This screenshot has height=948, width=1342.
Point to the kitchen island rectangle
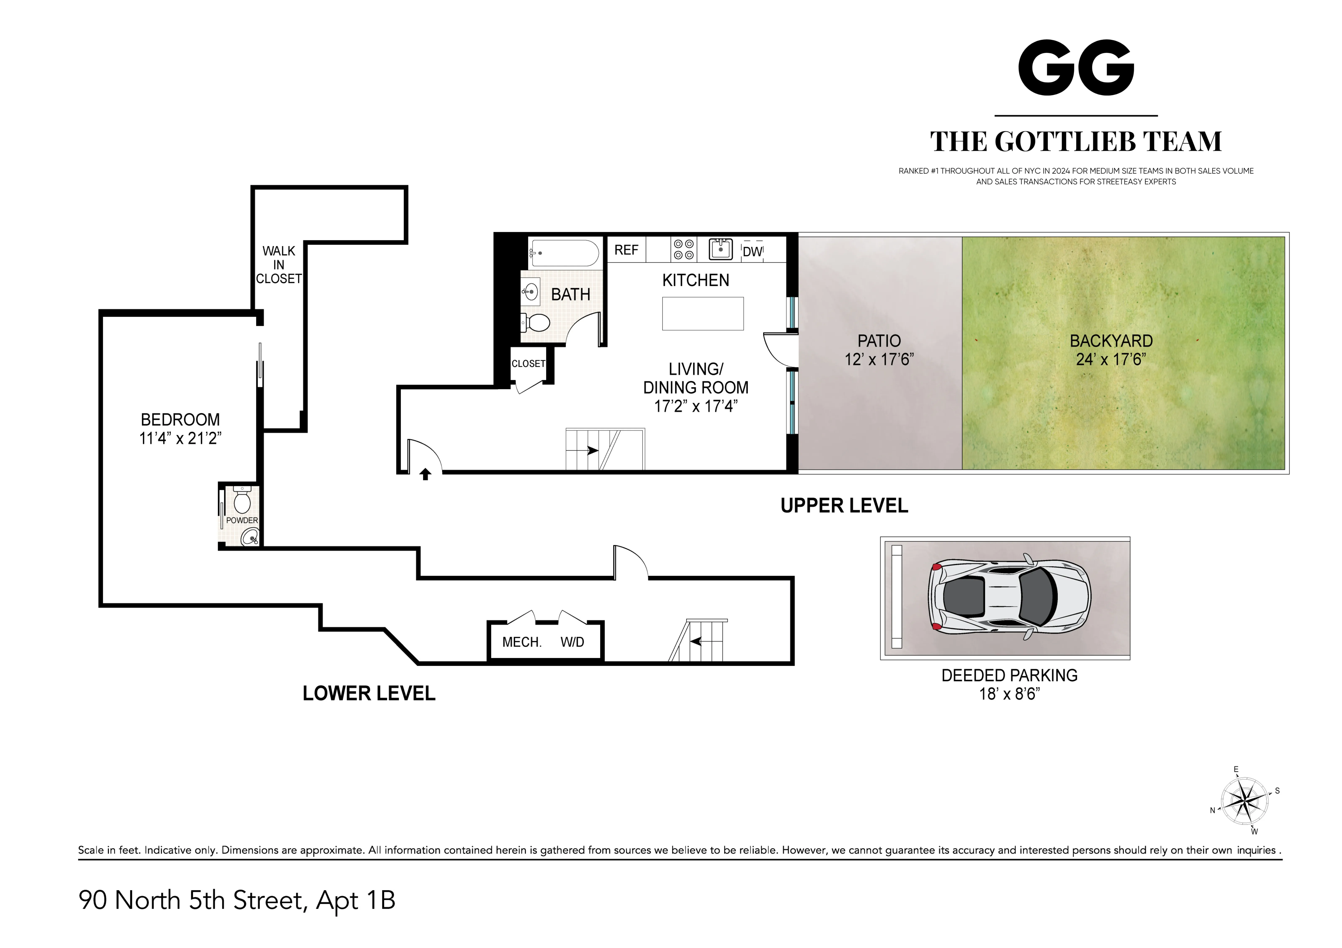coord(703,313)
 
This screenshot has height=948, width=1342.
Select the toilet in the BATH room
coord(536,322)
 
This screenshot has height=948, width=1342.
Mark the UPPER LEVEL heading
coord(844,505)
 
